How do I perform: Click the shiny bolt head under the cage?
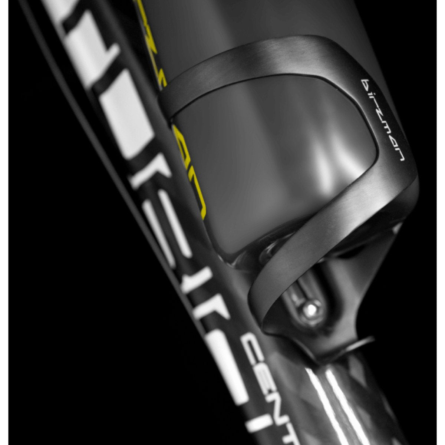coord(311,307)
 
